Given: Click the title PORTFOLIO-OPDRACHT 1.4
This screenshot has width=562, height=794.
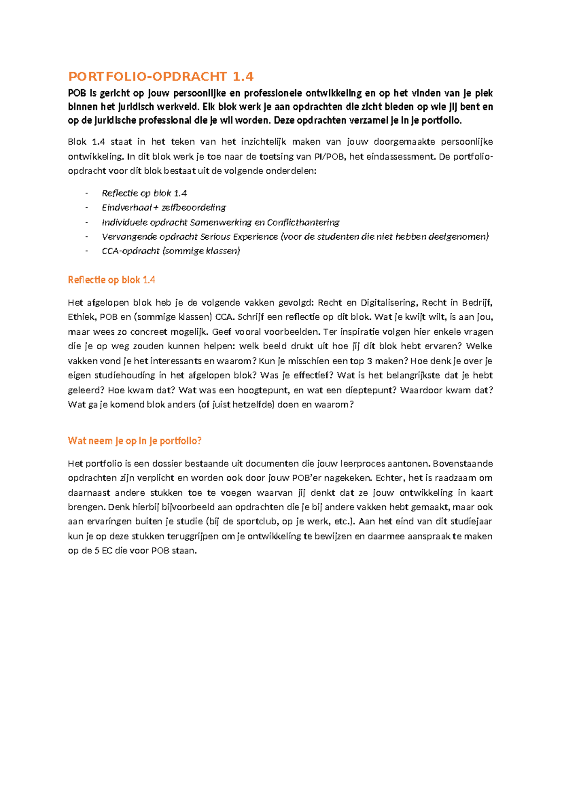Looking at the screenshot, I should pyautogui.click(x=161, y=76).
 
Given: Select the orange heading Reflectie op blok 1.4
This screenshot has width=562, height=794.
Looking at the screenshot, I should pyautogui.click(x=111, y=280).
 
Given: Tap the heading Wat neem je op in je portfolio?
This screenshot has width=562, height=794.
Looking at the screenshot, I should pyautogui.click(x=134, y=441).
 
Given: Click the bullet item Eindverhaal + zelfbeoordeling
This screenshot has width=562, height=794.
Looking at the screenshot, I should pyautogui.click(x=164, y=207).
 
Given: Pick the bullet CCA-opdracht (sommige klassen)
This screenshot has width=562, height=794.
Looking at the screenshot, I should pyautogui.click(x=171, y=251).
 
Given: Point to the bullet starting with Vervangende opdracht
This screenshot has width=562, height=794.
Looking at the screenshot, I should pyautogui.click(x=295, y=236).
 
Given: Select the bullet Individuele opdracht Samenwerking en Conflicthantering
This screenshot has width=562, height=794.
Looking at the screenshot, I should pyautogui.click(x=221, y=222).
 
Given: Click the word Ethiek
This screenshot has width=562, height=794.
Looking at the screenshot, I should pyautogui.click(x=81, y=317).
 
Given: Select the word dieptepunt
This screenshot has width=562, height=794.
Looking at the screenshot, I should pyautogui.click(x=370, y=390).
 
